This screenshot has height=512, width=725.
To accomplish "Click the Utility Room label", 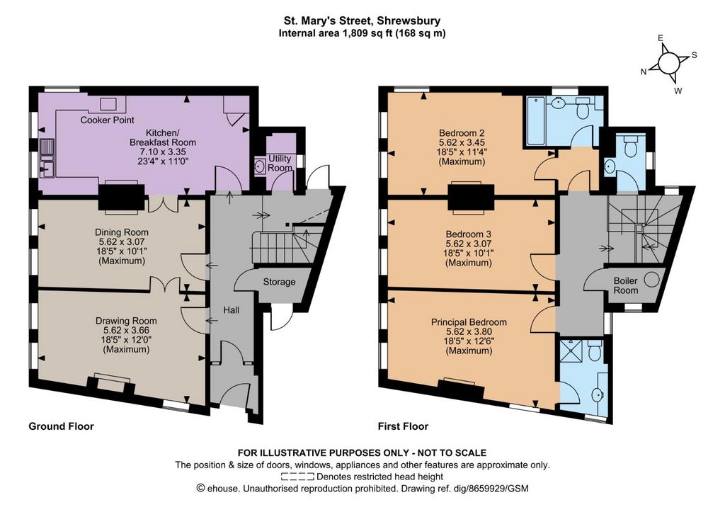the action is point(280,163).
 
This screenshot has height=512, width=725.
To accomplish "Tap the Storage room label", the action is point(279,282).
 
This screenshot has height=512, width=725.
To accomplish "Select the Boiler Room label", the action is point(626,285).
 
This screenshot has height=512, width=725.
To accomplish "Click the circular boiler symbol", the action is point(651,280).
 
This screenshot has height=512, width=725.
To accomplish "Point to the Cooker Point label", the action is point(108,120).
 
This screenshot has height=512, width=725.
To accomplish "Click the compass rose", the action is point(668,63).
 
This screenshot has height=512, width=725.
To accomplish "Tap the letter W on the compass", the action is point(678,91).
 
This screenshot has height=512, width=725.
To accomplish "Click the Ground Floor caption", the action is point(61,426).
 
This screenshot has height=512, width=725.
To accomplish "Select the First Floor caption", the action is point(403,426).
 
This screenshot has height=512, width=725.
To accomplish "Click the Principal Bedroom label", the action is point(469,322).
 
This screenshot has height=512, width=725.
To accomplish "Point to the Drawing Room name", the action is point(126,321).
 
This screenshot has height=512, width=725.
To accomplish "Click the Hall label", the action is point(232,310).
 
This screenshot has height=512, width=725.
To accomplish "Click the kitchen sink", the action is point(47,158).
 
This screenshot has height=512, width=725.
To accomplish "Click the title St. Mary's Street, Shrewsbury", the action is point(362,21).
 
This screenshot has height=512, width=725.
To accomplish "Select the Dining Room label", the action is point(122,232).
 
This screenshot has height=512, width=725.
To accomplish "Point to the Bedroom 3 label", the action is point(469,234).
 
